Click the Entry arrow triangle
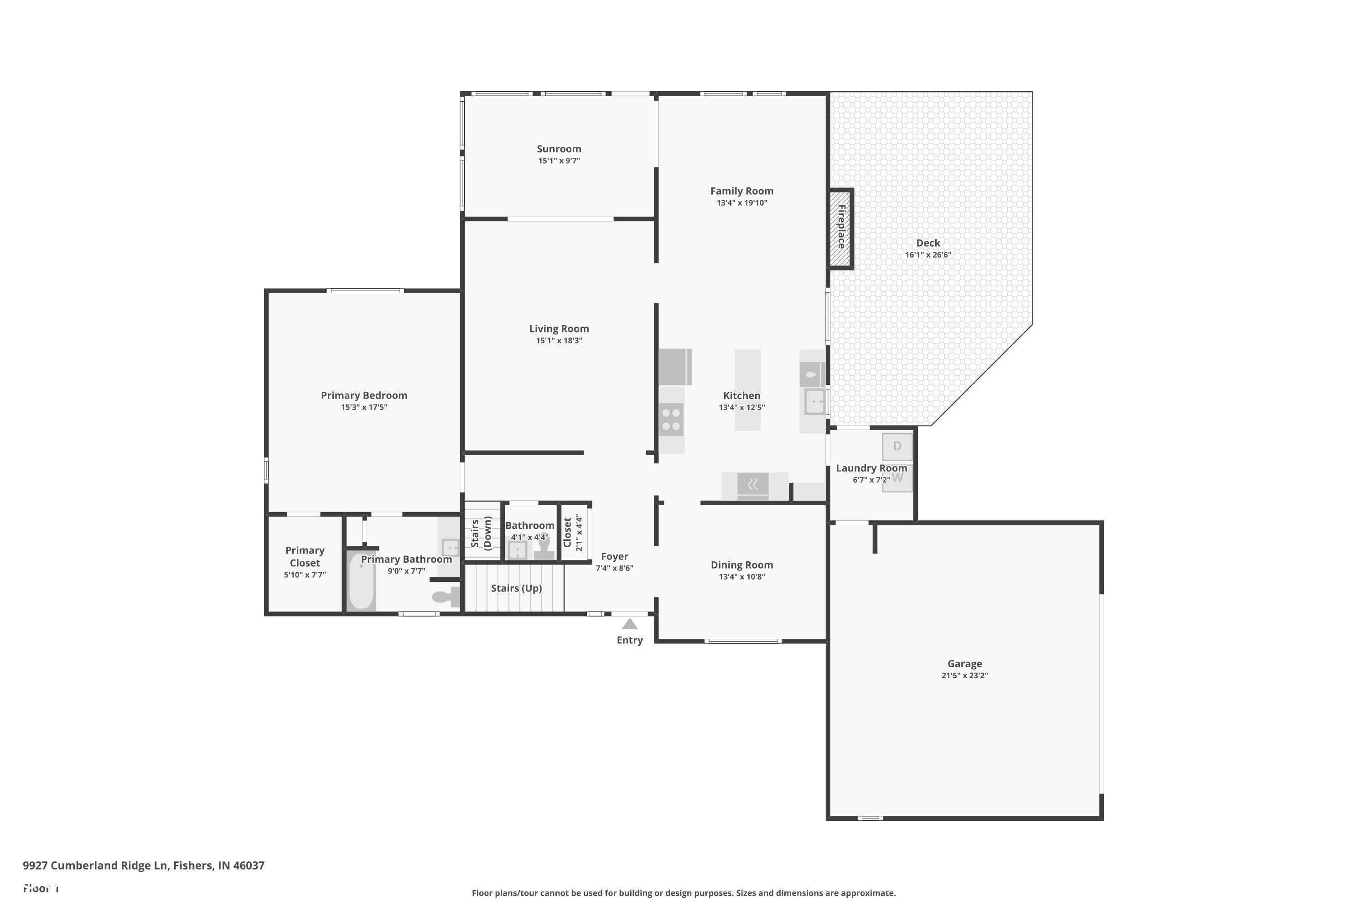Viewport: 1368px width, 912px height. pyautogui.click(x=629, y=624)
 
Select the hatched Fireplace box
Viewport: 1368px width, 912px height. pyautogui.click(x=841, y=228)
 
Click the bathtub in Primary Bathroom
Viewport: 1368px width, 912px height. pyautogui.click(x=361, y=580)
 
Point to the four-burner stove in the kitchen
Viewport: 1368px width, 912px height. pyautogui.click(x=671, y=420)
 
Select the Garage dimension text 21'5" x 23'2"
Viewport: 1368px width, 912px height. pyautogui.click(x=964, y=675)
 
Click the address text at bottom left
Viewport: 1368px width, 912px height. pyautogui.click(x=144, y=865)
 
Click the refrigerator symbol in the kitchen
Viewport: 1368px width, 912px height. pyautogui.click(x=675, y=367)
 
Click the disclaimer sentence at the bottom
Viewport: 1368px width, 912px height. pyautogui.click(x=684, y=893)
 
